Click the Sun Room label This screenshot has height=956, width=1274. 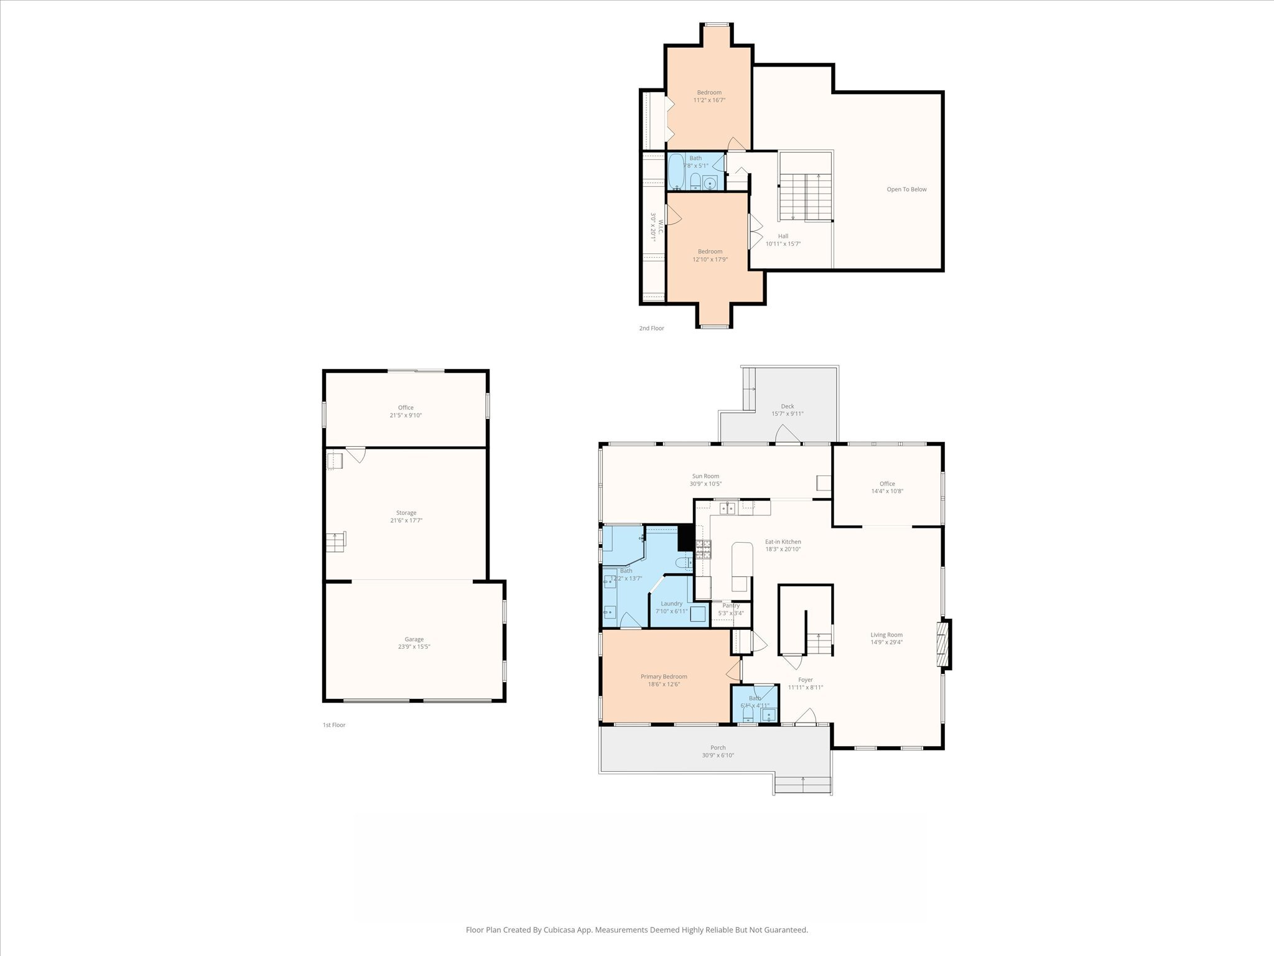coord(705,480)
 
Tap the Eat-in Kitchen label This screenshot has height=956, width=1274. coord(783,545)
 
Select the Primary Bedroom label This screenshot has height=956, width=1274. coord(664,680)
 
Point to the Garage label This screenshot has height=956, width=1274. coord(414,642)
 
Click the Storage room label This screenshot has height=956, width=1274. coord(406,517)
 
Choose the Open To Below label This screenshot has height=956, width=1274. coord(906,189)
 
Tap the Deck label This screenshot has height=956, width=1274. coord(787,410)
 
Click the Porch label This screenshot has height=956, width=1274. coord(718,751)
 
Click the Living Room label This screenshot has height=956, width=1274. coord(886,638)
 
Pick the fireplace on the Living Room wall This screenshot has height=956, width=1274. coord(944,645)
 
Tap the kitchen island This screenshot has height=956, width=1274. coord(742,567)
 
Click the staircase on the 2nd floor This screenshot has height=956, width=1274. coord(806,195)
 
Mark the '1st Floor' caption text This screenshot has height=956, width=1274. coord(334,725)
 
